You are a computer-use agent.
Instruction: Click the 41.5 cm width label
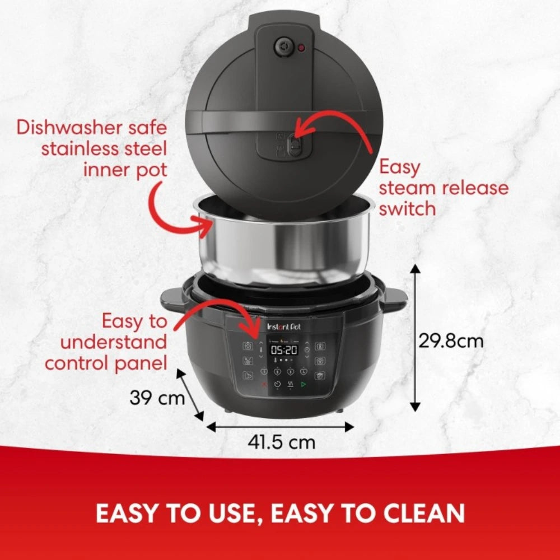(282, 442)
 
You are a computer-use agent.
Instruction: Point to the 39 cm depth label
(157, 398)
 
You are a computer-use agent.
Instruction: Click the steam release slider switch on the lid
(292, 147)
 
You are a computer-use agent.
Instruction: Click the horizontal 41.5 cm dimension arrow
(280, 427)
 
